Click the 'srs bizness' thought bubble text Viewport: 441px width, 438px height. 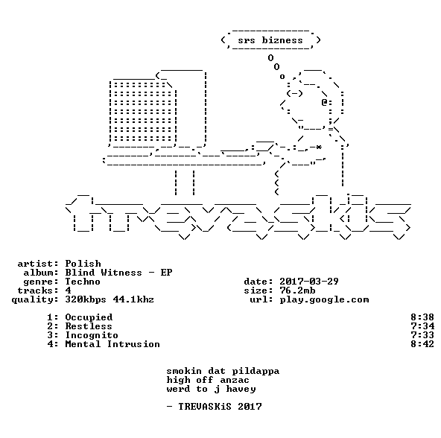pos(270,40)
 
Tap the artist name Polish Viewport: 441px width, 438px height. pos(83,264)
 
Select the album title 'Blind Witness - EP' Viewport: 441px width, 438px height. pos(118,273)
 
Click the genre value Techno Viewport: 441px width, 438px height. pos(83,282)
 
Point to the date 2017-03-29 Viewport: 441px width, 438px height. pos(309,282)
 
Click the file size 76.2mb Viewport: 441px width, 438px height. pos(297,291)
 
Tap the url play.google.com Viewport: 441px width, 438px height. pos(324,300)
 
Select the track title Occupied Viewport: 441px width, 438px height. pos(89,317)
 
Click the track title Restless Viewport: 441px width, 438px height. pos(89,326)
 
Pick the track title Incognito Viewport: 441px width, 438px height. pos(92,336)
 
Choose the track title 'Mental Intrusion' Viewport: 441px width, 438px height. pos(112,344)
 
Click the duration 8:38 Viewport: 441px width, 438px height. pos(422,317)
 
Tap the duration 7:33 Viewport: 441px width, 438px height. pos(422,335)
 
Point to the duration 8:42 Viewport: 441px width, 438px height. pos(422,344)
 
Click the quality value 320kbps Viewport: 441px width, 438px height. pos(86,300)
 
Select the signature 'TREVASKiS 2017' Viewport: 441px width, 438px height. pos(220,407)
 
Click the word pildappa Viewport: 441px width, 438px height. pos(256,372)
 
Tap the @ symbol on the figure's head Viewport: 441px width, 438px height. pos(324,102)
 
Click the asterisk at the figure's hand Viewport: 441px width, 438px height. pos(318,147)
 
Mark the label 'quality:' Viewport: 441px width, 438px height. pos(35,300)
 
